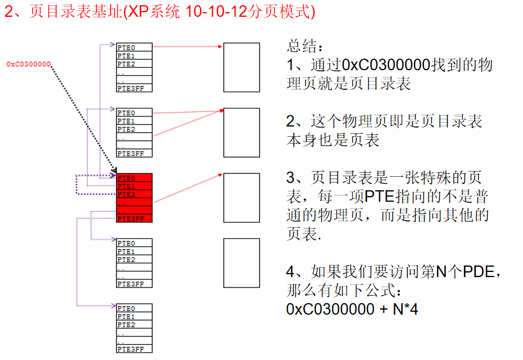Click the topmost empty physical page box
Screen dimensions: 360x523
coord(242,67)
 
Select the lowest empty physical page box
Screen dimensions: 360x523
coord(242,263)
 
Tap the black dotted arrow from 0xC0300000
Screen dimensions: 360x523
coord(81,116)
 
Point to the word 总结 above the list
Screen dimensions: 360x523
coord(303,46)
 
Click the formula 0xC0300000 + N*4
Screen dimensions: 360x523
coord(353,309)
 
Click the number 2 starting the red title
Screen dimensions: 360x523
coord(9,12)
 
